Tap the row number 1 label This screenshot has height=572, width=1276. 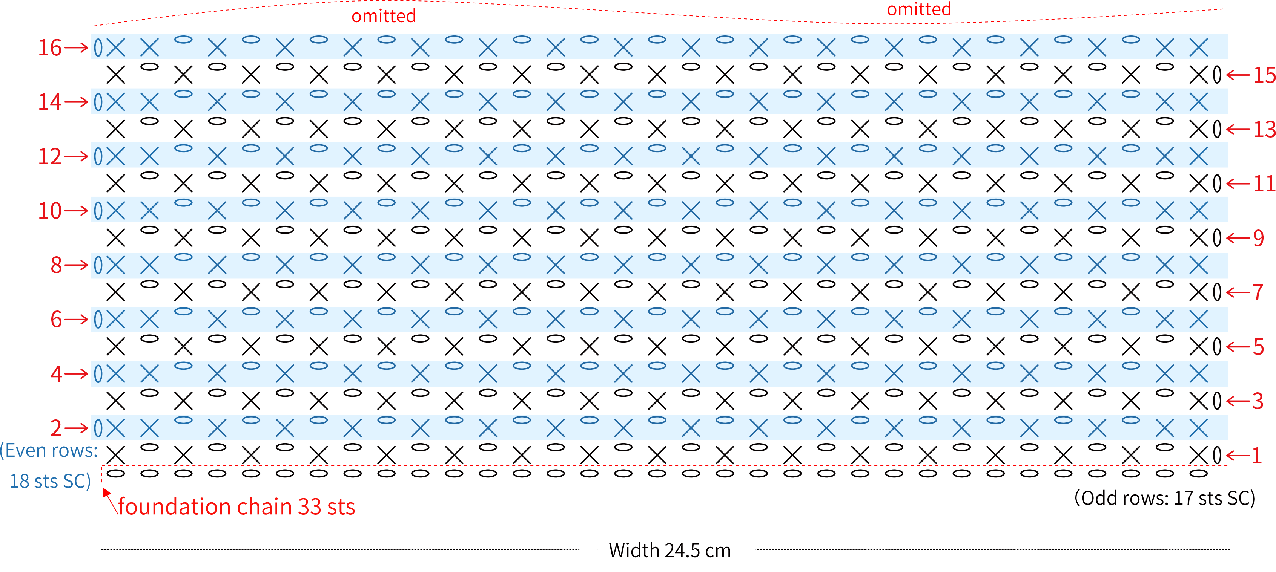tap(1257, 456)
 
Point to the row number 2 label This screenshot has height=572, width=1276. tap(56, 428)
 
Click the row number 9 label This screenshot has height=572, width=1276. tap(1258, 239)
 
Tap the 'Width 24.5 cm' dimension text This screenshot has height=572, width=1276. tap(670, 550)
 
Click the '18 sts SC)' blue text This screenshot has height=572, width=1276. tap(50, 481)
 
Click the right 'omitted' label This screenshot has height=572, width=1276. tap(919, 9)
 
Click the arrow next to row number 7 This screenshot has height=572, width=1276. tap(1238, 293)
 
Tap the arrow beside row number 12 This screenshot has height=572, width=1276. tap(76, 157)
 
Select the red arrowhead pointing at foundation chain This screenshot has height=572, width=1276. tap(106, 492)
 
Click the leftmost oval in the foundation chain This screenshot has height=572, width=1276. tap(116, 474)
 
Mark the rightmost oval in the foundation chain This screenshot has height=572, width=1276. tap(1199, 474)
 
